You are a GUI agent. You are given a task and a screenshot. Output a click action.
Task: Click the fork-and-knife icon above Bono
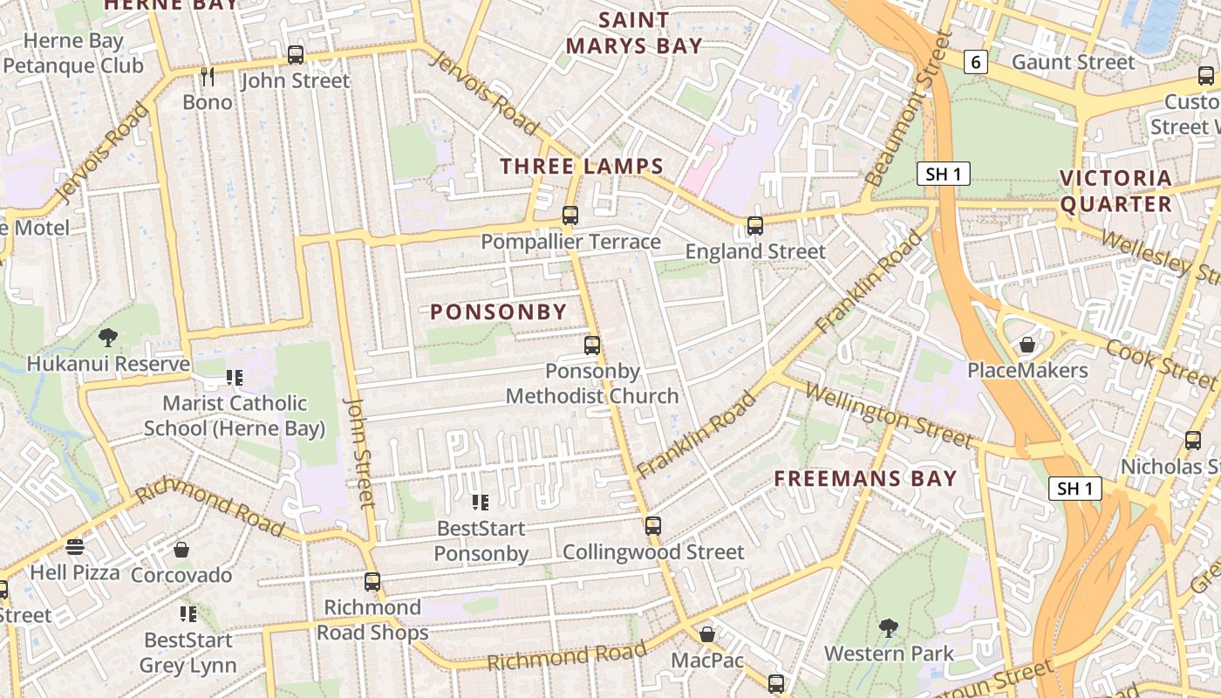(208, 77)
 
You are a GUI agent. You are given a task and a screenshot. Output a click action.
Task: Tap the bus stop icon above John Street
(296, 55)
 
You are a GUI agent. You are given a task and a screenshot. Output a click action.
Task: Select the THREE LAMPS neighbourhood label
(582, 166)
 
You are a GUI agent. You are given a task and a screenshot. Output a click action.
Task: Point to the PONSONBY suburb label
(499, 311)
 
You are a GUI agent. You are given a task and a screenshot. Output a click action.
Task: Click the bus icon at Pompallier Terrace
(570, 215)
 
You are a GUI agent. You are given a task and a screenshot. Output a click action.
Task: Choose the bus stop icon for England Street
(755, 226)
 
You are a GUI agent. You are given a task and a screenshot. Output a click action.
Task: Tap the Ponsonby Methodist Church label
(592, 384)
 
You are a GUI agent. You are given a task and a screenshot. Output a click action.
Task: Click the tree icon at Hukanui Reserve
(109, 338)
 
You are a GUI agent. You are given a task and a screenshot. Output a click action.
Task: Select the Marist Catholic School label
(235, 415)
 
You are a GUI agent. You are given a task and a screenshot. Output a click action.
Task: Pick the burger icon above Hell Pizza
(75, 547)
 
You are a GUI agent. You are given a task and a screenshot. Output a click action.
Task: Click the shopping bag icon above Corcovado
(181, 550)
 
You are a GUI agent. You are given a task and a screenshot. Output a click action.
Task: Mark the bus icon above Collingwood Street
(653, 526)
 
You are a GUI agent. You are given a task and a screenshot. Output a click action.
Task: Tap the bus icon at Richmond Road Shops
(372, 581)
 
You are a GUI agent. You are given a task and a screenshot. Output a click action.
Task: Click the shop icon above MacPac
(707, 634)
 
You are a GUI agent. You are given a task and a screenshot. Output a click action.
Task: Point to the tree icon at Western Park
(889, 627)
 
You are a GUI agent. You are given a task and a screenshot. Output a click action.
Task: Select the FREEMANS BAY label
(866, 478)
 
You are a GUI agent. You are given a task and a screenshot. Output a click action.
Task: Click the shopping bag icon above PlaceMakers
(1027, 345)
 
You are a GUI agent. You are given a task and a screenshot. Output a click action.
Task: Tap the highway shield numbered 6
(976, 62)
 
